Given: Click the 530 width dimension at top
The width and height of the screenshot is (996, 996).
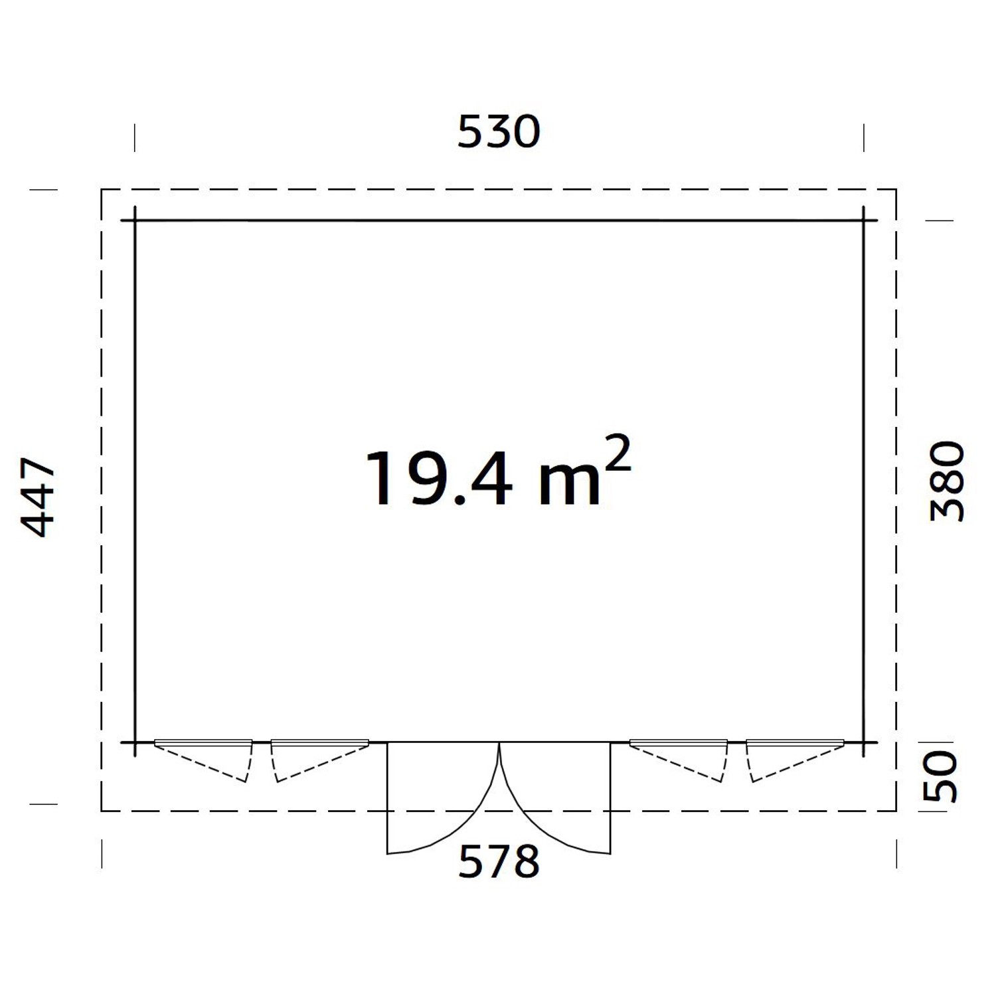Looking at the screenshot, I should pos(499,131).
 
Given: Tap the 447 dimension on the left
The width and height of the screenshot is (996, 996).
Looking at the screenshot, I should pos(39,496).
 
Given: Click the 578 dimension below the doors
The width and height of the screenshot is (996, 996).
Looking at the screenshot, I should pos(499,861).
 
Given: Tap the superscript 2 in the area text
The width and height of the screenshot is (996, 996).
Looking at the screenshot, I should pos(618,453).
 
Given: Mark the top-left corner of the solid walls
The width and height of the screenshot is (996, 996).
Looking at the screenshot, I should pos(135,220).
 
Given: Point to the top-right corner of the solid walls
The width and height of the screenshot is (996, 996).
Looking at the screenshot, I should pos(863,220).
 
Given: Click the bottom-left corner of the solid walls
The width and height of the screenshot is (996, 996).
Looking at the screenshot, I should pos(135,742).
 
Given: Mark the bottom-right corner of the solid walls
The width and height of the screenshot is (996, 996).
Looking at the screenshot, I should pos(863,742).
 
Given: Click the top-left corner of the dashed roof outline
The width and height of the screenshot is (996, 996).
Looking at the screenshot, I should pos(102,190).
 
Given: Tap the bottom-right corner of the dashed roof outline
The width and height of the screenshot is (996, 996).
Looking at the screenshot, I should pos(896,811).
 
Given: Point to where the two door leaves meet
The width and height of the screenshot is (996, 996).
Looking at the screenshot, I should pos(499,744).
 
